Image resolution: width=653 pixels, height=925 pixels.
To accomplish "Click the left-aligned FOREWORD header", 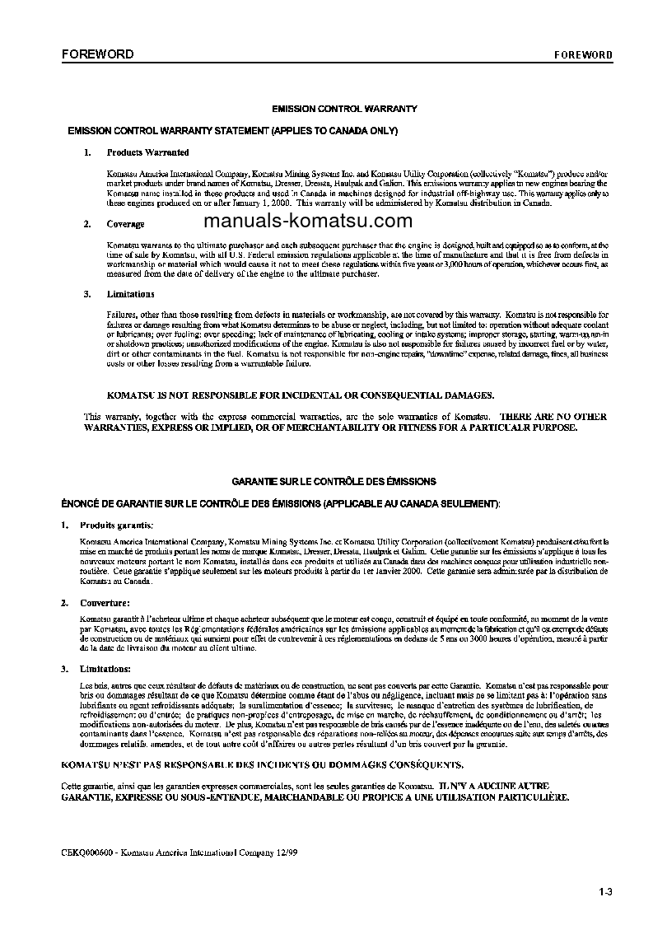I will tap(97, 54).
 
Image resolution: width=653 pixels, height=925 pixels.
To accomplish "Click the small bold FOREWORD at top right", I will tap(582, 55).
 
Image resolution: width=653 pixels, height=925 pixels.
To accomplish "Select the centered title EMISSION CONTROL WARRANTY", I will tap(345, 109).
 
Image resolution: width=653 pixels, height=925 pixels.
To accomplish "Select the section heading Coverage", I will tap(125, 224).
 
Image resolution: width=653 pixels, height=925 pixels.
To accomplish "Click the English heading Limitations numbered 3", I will tap(130, 294).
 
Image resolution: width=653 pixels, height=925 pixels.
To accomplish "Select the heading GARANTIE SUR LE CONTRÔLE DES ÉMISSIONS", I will tap(333, 481).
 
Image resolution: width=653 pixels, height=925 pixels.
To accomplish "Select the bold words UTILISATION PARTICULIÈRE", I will tap(497, 798).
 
